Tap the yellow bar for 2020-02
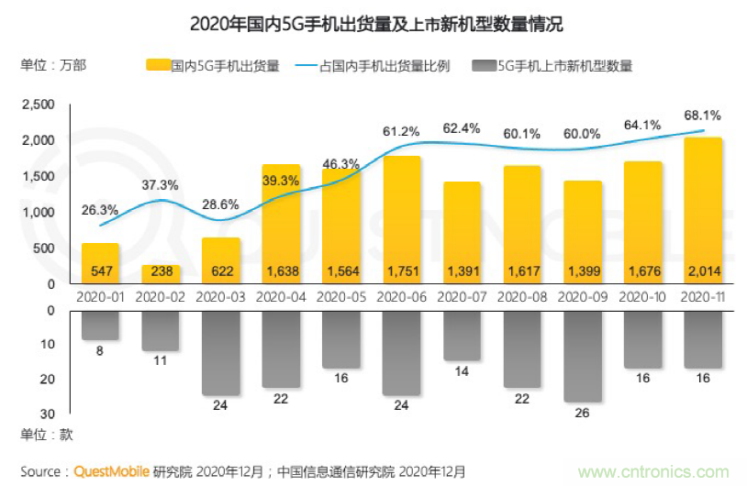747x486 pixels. point(161,274)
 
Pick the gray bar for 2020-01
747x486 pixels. point(100,326)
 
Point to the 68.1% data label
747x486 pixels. point(703,116)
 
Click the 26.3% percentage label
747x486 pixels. point(100,210)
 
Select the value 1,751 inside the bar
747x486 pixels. point(400,271)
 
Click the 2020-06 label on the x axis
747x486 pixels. point(400,297)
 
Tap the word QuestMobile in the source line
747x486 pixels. point(114,471)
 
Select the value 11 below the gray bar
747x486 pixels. point(161,360)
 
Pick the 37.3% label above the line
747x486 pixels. point(161,184)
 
